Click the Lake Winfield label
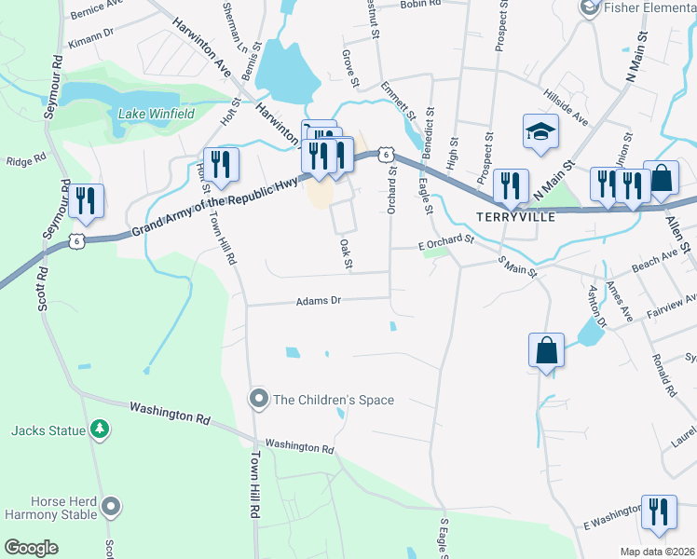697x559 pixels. (157, 114)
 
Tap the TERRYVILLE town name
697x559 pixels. (515, 216)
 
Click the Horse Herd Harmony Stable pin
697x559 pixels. (112, 507)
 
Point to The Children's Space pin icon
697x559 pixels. (259, 400)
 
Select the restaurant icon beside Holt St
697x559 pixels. (222, 165)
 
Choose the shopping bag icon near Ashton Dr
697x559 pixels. (546, 351)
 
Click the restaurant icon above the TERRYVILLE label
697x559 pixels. (511, 184)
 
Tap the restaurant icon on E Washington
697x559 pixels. (659, 512)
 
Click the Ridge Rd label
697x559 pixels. (26, 160)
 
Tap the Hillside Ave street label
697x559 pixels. (567, 105)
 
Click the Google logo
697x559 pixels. (32, 548)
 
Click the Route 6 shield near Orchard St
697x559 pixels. (384, 155)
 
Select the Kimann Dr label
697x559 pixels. (91, 44)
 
